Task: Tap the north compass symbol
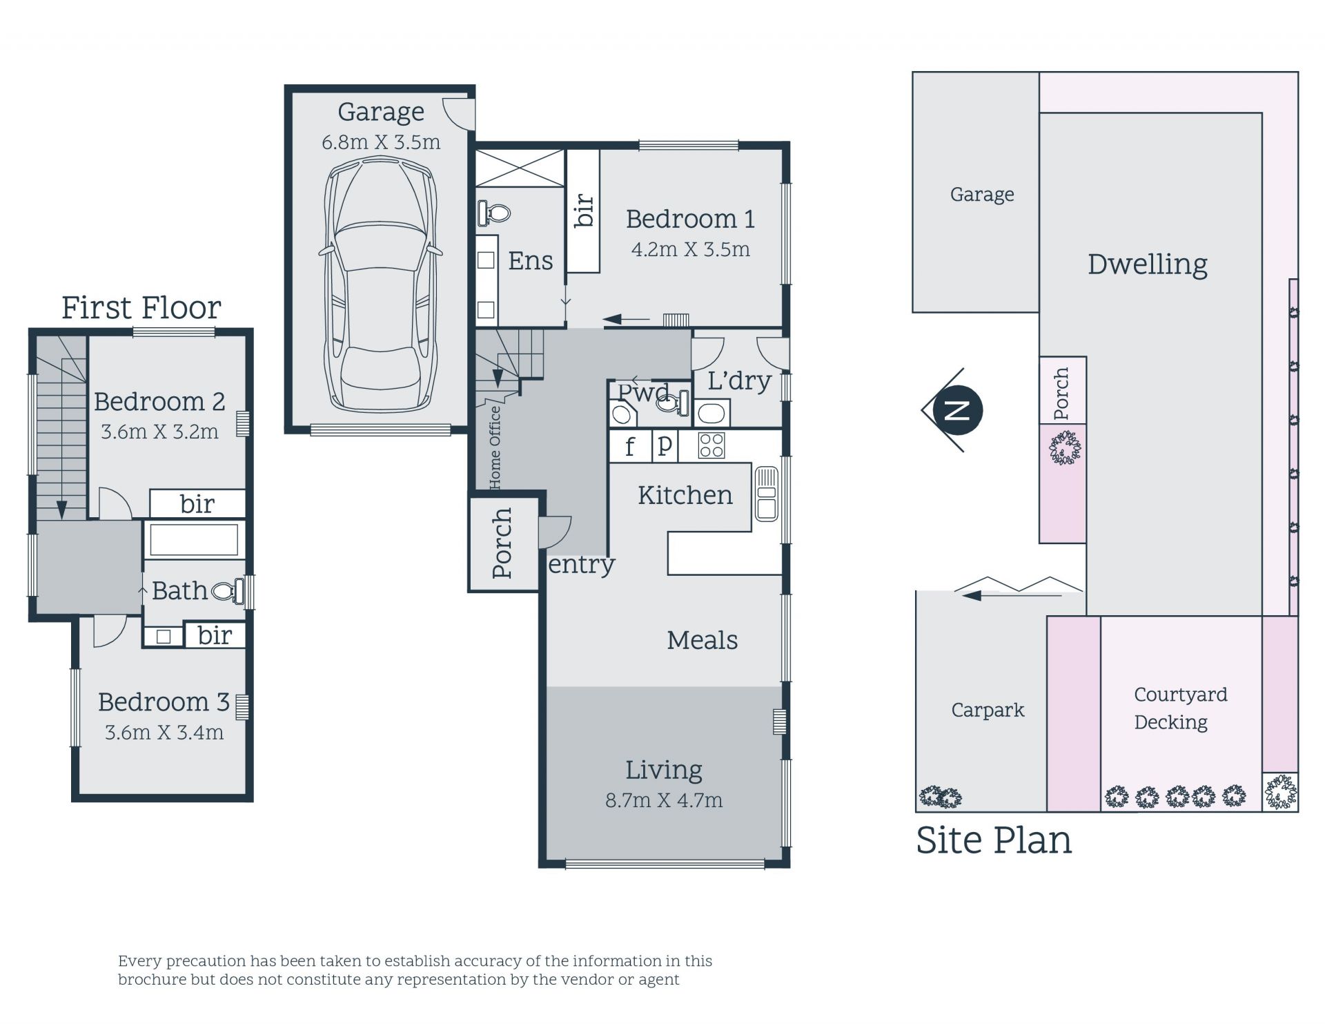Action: tap(956, 410)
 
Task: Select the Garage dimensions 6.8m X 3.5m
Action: tap(381, 142)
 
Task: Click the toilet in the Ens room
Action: tap(493, 212)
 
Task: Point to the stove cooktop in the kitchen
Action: tap(711, 445)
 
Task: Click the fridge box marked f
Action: tap(630, 446)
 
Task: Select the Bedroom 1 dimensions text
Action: tap(690, 249)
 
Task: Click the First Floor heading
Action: tap(141, 308)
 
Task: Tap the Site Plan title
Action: tap(994, 840)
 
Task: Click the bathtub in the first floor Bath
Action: tap(194, 539)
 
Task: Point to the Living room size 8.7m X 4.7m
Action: tap(664, 800)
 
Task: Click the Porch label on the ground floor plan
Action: tap(502, 543)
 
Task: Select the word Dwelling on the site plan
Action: tap(1148, 264)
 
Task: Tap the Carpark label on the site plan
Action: tap(988, 711)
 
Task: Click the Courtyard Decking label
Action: tap(1180, 708)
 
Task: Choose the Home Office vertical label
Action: tap(495, 447)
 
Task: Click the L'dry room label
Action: tap(739, 380)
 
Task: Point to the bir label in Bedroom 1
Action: tap(584, 210)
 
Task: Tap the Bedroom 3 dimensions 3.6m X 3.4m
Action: tap(164, 732)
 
